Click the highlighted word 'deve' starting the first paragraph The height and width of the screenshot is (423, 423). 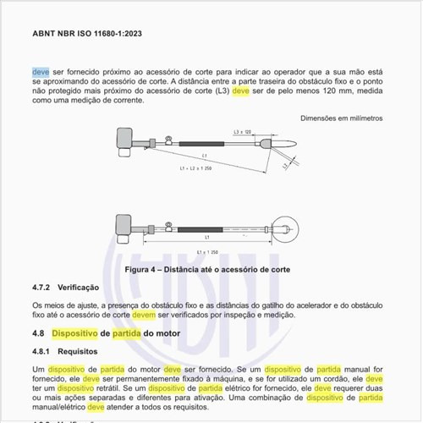[41, 72]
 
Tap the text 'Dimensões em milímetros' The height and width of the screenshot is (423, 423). [343, 118]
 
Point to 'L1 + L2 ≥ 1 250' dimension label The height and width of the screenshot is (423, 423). [198, 169]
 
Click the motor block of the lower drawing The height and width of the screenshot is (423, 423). [124, 227]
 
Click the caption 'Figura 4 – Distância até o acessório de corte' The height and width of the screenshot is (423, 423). [207, 269]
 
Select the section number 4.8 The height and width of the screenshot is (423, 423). [38, 334]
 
